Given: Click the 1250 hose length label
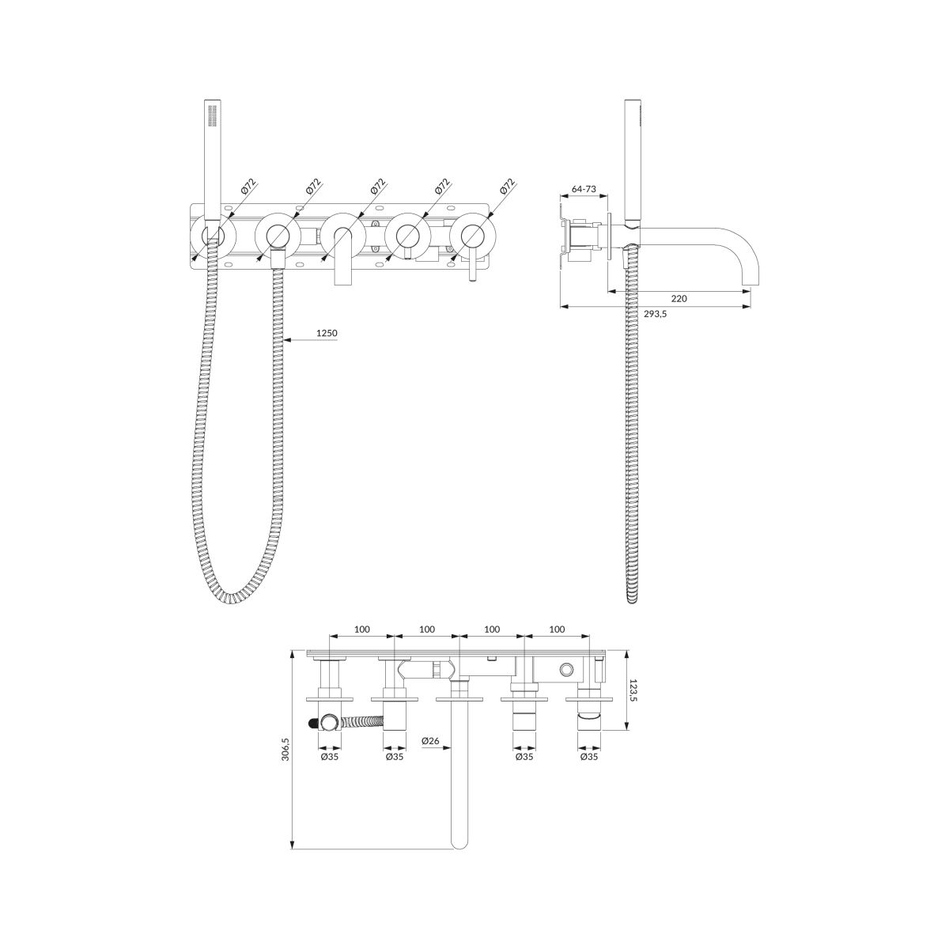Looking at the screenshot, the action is click(327, 334).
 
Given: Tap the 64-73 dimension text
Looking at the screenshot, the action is click(584, 189).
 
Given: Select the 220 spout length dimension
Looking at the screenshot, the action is click(679, 298).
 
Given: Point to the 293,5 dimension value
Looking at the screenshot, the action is click(655, 314).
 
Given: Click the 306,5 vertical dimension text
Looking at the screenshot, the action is click(285, 749).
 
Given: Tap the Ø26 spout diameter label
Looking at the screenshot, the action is click(430, 754).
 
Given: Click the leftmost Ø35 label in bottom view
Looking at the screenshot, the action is click(330, 770).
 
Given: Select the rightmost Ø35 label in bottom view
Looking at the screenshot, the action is click(589, 770).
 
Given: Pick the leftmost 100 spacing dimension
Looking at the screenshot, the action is click(362, 630).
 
